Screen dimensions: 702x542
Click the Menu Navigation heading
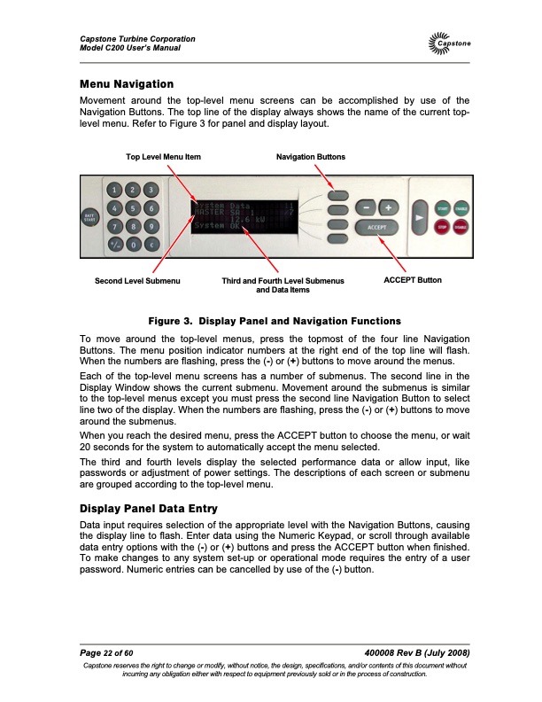(x=126, y=84)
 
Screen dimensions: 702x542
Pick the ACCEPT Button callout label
(x=412, y=280)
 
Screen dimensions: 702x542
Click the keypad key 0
(x=132, y=244)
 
